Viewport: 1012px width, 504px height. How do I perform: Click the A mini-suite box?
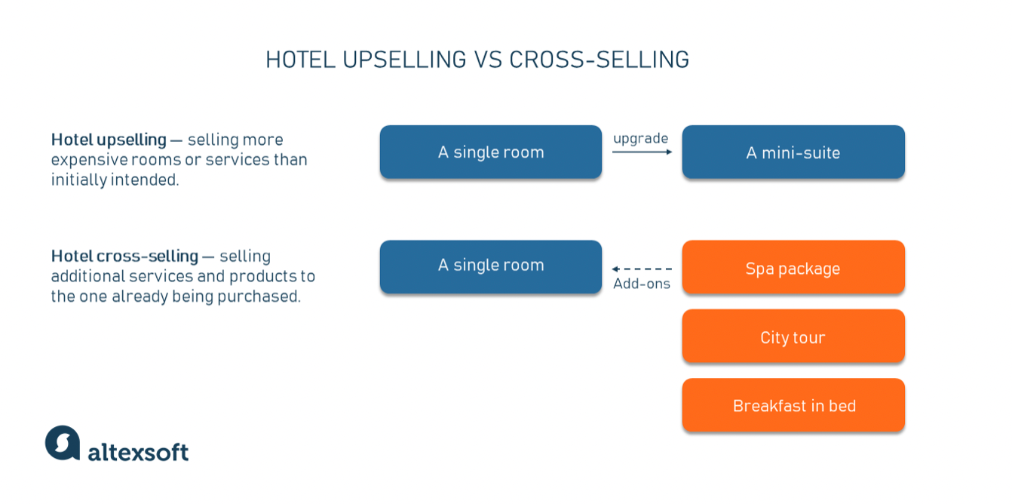793,152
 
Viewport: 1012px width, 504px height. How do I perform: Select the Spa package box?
793,267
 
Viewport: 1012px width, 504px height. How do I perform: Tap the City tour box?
793,337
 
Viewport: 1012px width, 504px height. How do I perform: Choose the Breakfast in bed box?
793,405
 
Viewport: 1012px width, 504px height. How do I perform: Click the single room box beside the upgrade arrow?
491,152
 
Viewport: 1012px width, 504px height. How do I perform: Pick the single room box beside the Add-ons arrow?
491,266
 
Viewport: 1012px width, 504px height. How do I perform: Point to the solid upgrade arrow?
642,152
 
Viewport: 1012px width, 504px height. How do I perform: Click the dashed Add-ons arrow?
642,269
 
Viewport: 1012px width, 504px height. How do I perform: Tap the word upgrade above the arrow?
641,139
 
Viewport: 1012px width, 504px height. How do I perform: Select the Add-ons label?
642,284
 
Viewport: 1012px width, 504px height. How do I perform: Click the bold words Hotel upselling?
109,140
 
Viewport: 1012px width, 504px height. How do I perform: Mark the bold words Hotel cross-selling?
124,257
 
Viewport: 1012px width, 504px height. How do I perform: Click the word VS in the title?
488,60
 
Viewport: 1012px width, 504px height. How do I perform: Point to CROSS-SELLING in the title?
599,60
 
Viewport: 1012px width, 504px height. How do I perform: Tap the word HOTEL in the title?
300,60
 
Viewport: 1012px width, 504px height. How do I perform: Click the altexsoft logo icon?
63,443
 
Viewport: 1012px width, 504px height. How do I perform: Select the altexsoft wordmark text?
138,453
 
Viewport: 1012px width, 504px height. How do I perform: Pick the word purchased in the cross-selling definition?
259,297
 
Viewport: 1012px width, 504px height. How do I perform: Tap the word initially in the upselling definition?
79,180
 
